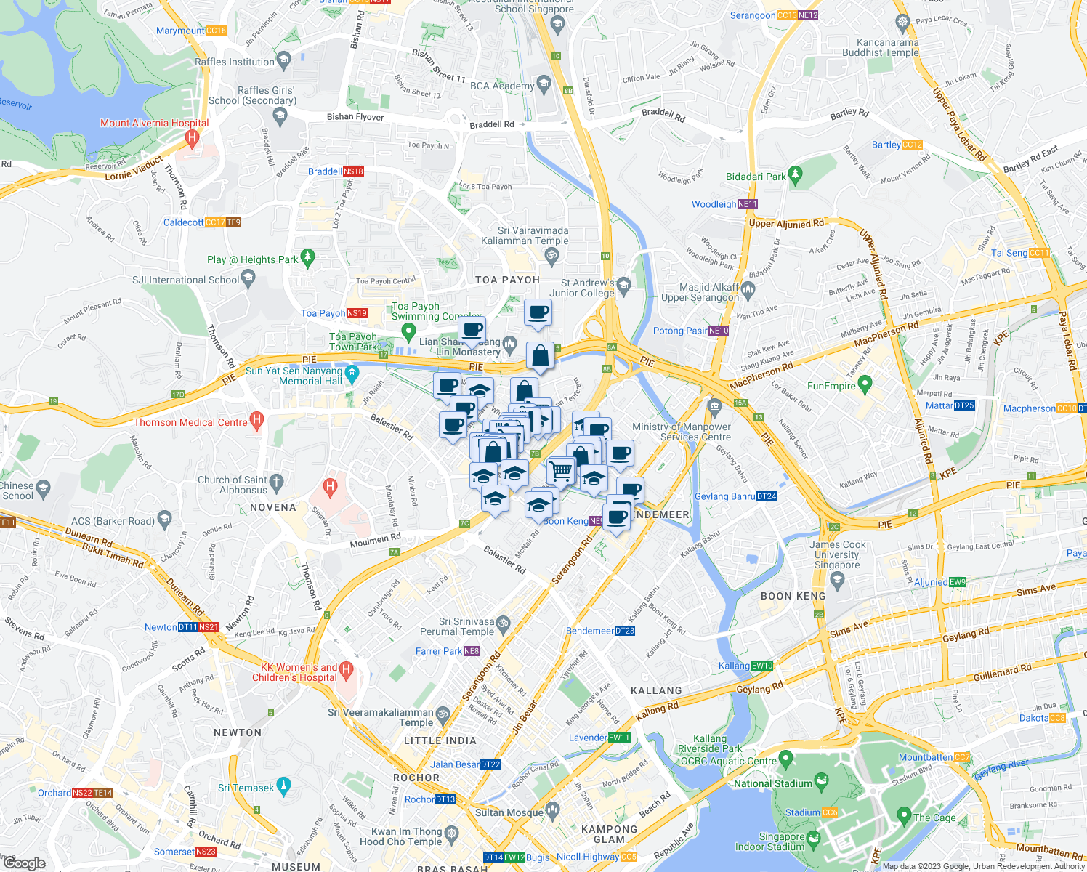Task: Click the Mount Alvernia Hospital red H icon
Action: [193, 137]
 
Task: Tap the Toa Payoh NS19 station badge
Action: [357, 313]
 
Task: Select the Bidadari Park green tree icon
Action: [796, 174]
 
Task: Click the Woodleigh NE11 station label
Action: [724, 204]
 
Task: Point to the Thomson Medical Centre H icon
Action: [256, 419]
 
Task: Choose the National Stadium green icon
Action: [822, 782]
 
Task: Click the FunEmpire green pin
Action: [865, 384]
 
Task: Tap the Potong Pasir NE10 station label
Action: [690, 331]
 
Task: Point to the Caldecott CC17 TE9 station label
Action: [201, 222]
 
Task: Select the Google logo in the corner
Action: [24, 863]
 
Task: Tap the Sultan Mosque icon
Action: [553, 810]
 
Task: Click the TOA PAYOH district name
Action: [507, 280]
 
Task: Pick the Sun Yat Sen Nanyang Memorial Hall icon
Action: [352, 375]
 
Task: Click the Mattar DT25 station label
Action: [950, 405]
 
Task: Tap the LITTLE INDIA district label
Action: [440, 740]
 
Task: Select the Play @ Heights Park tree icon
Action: [308, 257]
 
